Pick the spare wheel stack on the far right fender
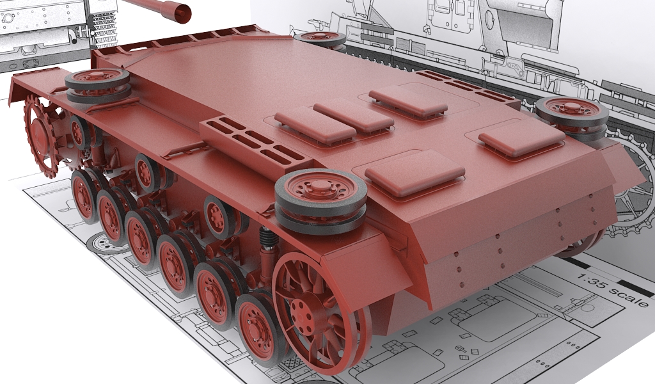point(571,117)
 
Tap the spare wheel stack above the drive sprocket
point(98,85)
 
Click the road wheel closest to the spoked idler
point(258,331)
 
